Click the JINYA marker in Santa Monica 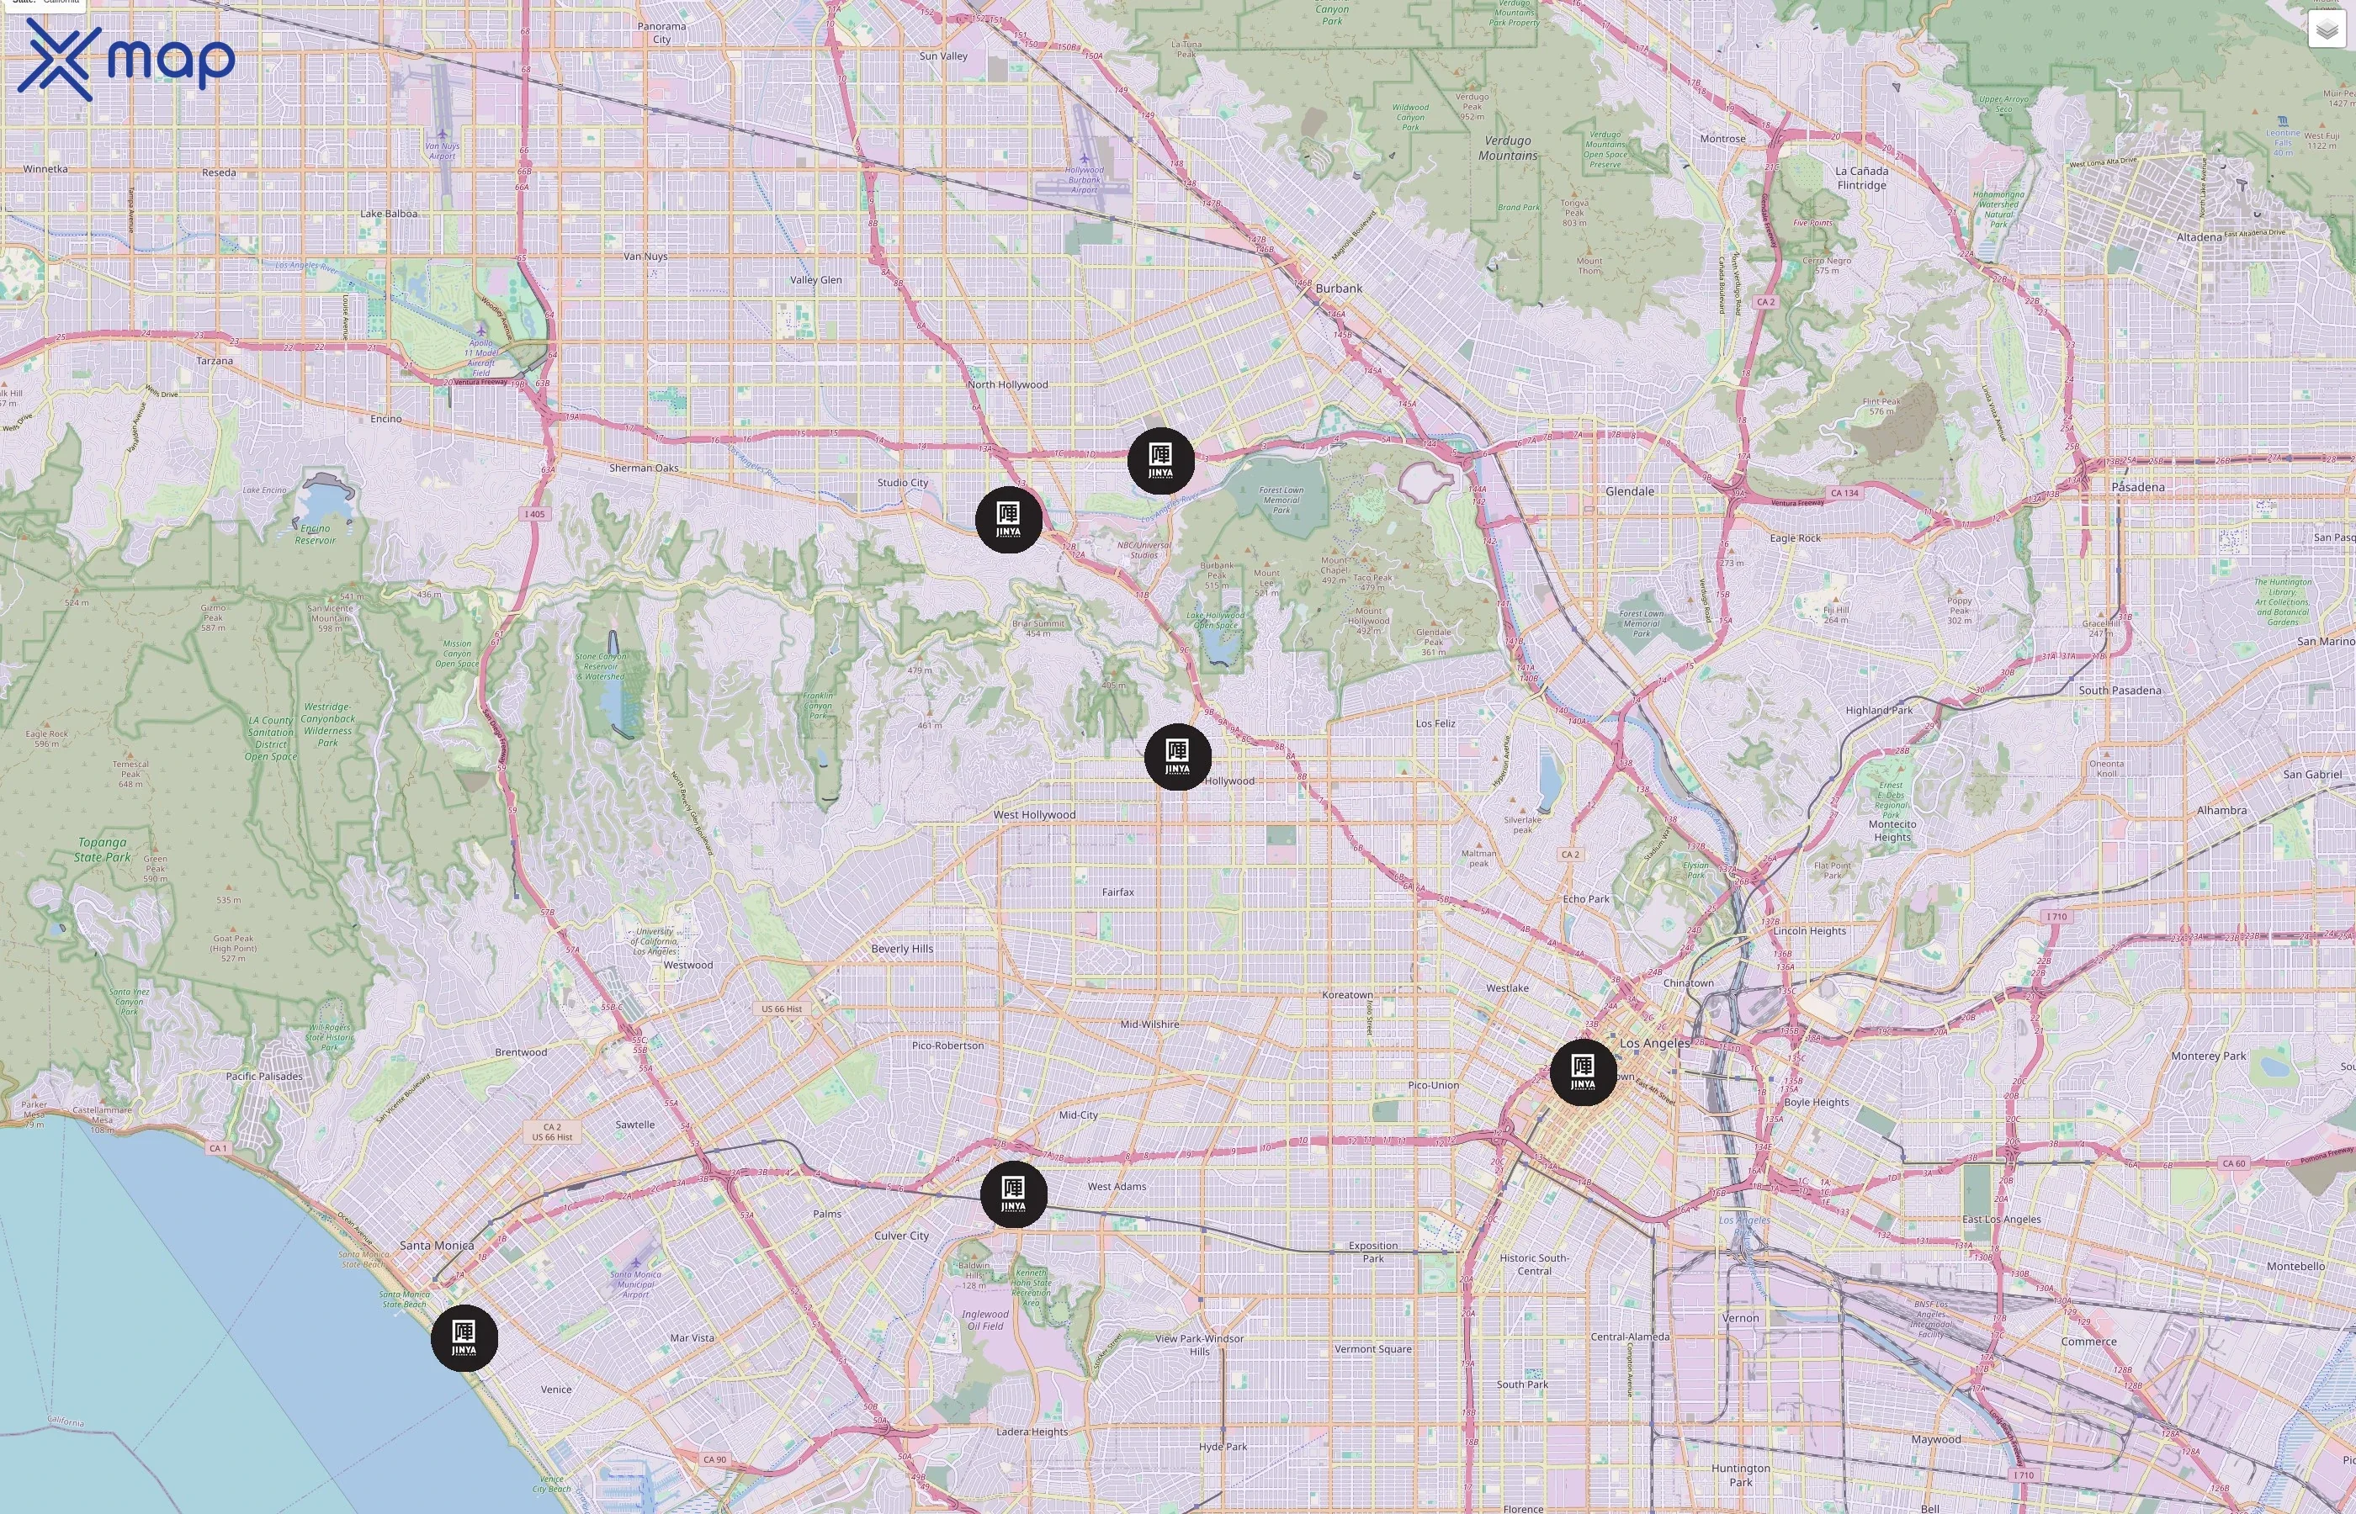464,1338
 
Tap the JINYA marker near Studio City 1008,519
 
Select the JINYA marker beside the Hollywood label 1177,756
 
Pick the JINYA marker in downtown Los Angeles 1582,1072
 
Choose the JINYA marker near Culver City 1013,1194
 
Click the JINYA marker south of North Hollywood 1160,460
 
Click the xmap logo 126,59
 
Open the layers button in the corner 2326,30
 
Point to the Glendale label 1629,491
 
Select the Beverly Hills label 902,949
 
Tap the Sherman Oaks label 643,468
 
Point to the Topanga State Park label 103,850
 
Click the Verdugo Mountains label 1507,148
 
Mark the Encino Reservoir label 315,534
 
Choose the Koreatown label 1347,995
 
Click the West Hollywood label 1033,815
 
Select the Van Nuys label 645,257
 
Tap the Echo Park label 1585,898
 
